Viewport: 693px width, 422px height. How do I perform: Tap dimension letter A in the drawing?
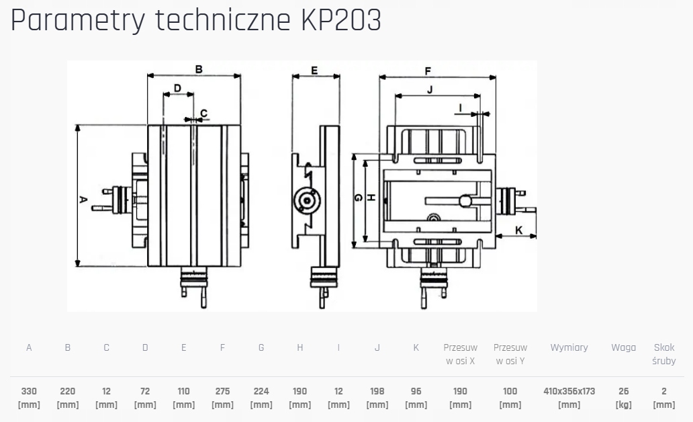click(x=83, y=199)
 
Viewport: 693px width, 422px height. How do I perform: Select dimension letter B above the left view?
click(x=199, y=69)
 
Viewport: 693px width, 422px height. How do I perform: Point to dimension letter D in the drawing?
click(x=177, y=88)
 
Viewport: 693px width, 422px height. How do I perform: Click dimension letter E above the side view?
click(x=314, y=70)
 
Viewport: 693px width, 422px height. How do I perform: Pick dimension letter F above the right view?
click(x=428, y=71)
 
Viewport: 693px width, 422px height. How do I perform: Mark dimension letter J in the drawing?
click(x=430, y=89)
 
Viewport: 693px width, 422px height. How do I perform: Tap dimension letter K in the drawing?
click(x=519, y=230)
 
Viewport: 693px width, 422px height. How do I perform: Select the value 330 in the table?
click(x=29, y=391)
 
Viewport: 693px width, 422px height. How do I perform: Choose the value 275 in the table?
click(x=222, y=391)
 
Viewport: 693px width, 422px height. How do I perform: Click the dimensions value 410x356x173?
click(x=569, y=391)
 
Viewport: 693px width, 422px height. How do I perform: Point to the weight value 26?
click(x=624, y=391)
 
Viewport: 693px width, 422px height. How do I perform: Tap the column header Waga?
click(x=623, y=347)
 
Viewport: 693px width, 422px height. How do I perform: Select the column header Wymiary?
click(x=569, y=347)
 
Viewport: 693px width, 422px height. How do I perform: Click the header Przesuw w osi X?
click(x=460, y=354)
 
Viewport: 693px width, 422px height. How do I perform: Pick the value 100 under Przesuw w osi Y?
click(x=510, y=391)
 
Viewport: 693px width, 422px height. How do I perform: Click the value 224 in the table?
click(x=261, y=391)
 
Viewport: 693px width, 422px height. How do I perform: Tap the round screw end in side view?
click(x=306, y=200)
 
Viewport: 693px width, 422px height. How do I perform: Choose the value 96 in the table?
click(x=416, y=391)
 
